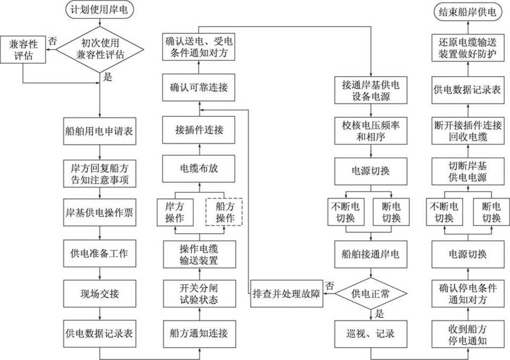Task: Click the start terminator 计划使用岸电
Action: (x=100, y=10)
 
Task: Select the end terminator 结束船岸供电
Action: (x=467, y=12)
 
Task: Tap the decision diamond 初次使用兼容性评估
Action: (x=100, y=50)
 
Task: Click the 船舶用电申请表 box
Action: (x=100, y=131)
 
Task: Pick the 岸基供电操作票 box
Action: (x=100, y=213)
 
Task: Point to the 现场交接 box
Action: (x=100, y=294)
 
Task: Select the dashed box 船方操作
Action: (x=224, y=212)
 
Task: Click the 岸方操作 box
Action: (x=175, y=212)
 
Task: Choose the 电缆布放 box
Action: (x=199, y=168)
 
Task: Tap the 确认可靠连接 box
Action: (x=199, y=87)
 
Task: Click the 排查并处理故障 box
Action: (x=287, y=294)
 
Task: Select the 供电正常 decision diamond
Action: (x=371, y=294)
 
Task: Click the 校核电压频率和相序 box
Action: (x=371, y=131)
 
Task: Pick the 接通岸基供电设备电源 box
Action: (x=371, y=90)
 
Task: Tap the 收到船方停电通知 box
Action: (x=467, y=334)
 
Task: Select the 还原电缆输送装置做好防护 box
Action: (x=467, y=48)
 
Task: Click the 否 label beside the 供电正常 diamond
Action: (x=330, y=286)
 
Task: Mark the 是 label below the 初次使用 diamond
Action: (x=108, y=77)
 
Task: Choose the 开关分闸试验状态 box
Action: (x=199, y=294)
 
